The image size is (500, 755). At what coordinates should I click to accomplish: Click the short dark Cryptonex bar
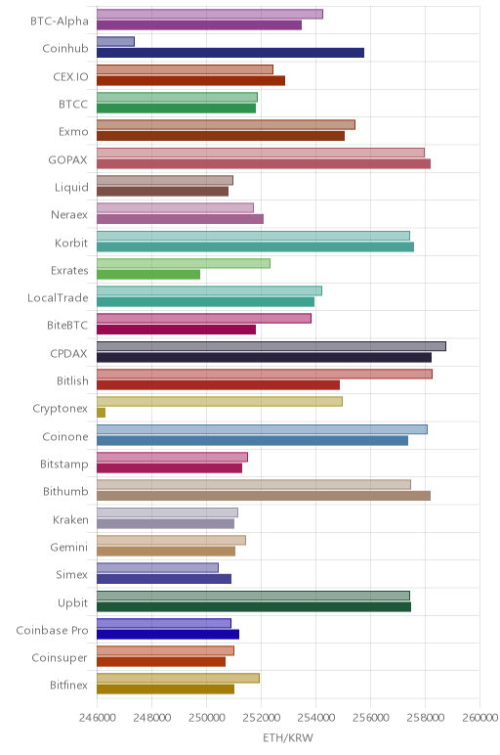pos(101,413)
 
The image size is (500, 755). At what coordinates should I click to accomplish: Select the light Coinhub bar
pos(115,41)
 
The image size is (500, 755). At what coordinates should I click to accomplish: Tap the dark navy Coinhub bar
pos(230,53)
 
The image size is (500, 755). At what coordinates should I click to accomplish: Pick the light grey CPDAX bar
pos(271,346)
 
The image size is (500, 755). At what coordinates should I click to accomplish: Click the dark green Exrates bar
pos(148,275)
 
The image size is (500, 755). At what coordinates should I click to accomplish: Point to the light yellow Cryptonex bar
pos(220,402)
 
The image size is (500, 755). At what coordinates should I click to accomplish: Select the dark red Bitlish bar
pos(219,385)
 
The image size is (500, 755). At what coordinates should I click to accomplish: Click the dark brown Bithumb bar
pos(264,496)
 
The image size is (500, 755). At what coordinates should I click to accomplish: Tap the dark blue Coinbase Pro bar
pos(168,634)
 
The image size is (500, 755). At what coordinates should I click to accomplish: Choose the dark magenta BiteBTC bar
pos(176,330)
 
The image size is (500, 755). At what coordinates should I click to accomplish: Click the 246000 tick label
pos(98,718)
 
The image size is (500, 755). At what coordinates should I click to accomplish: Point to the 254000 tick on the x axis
pos(315,718)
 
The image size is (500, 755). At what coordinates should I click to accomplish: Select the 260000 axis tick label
pos(479,718)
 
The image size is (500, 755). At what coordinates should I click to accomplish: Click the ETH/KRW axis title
pos(288,737)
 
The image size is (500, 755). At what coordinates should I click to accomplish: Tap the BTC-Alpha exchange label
pos(60,22)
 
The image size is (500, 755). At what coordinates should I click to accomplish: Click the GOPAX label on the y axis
pos(67,159)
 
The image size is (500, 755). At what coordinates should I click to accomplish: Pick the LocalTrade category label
pos(58,298)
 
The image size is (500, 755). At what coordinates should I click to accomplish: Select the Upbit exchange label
pos(73,602)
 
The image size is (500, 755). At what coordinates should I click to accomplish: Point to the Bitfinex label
pos(68,686)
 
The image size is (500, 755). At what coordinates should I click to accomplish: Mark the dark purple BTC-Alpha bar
pos(199,25)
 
